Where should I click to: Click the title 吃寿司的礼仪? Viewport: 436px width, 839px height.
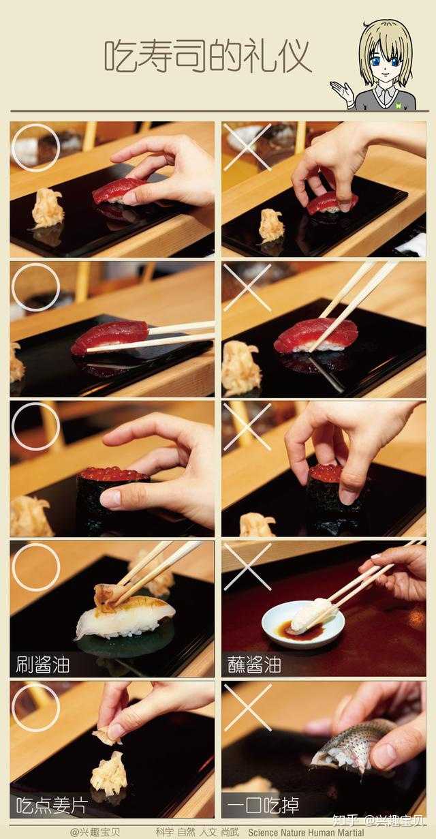click(x=208, y=57)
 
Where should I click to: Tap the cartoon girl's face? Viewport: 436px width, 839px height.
click(x=386, y=62)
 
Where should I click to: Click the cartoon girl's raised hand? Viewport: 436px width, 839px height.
click(x=343, y=93)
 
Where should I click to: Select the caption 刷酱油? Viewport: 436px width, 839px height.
click(x=43, y=665)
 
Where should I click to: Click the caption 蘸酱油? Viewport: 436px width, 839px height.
click(x=254, y=665)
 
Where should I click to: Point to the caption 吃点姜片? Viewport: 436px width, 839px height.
click(x=52, y=805)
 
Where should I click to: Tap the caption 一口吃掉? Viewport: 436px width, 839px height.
click(x=263, y=805)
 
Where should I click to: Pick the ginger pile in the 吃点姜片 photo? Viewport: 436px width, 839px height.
click(x=109, y=772)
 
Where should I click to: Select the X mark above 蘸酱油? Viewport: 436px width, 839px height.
click(x=248, y=567)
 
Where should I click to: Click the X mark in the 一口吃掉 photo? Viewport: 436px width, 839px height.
click(x=248, y=707)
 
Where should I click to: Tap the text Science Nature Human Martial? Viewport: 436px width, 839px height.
click(x=306, y=832)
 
